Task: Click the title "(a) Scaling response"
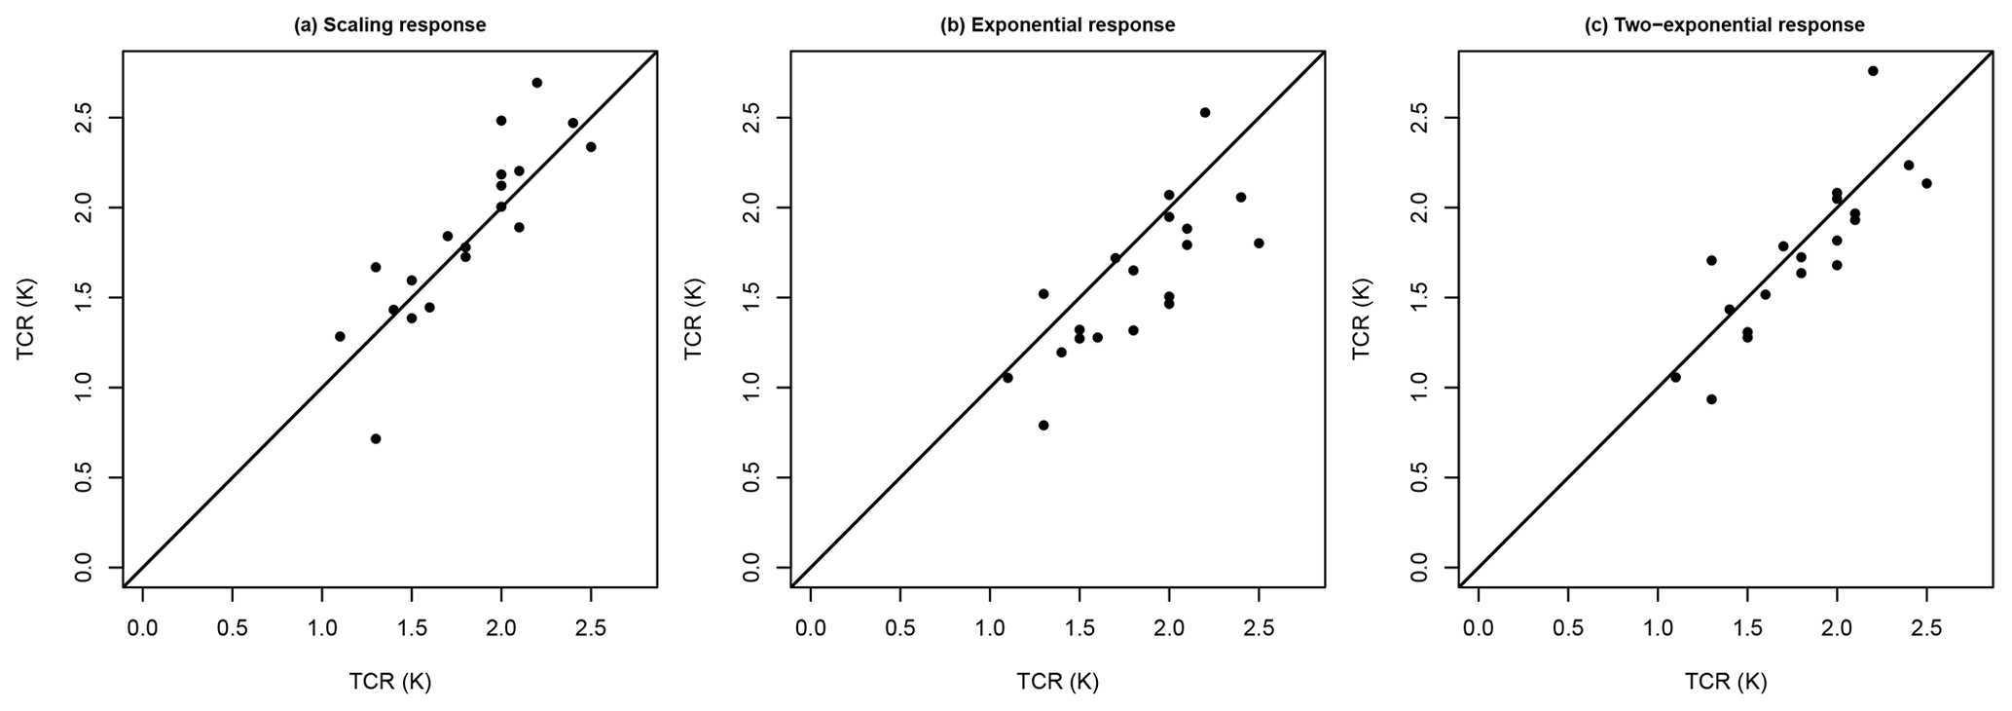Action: click(389, 25)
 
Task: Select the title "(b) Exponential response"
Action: click(1057, 25)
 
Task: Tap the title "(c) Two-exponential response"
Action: click(1725, 25)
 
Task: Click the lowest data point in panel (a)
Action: click(376, 438)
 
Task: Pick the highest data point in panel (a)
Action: click(537, 83)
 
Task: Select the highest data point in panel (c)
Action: click(1873, 71)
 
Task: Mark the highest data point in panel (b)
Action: click(1205, 112)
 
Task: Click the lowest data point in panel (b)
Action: click(1043, 425)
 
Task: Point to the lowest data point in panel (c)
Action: click(1711, 398)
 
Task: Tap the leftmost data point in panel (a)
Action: click(340, 336)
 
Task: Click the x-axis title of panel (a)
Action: click(389, 682)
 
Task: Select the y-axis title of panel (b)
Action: click(693, 318)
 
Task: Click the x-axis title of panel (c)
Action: click(1725, 682)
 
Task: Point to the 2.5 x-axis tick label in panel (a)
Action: click(591, 628)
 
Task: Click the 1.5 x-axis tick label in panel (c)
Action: click(1747, 628)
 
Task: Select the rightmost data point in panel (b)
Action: click(1259, 243)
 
